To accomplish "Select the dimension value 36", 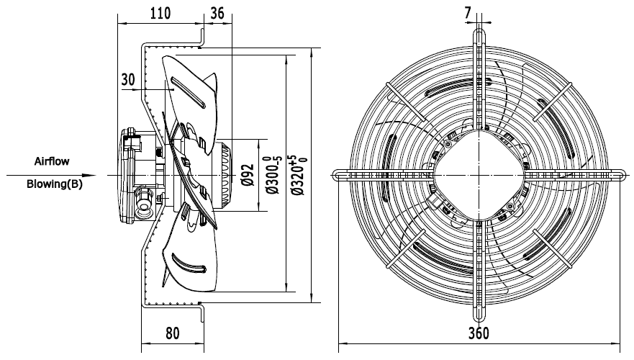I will (x=216, y=12).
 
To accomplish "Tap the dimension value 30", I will (x=129, y=80).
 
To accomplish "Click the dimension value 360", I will (x=479, y=333).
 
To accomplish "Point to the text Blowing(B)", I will (x=54, y=184).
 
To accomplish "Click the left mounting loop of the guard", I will (x=340, y=175).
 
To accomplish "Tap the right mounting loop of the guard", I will (x=617, y=175).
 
